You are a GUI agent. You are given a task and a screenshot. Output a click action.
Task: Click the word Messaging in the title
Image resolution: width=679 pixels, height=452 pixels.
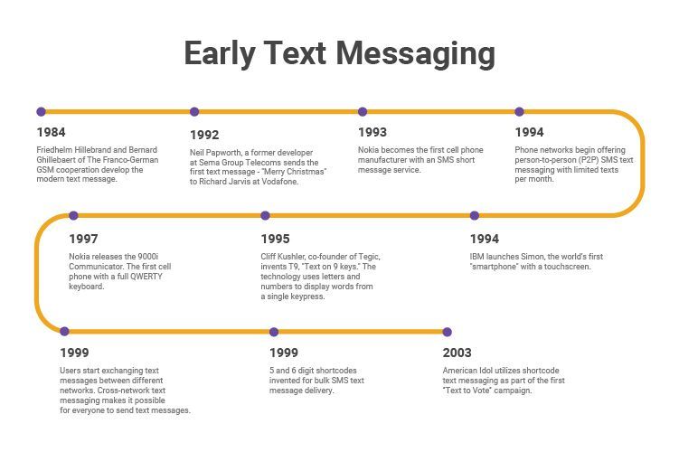pos(417,54)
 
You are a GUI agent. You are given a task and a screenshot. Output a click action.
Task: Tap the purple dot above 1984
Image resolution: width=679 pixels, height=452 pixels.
pos(41,112)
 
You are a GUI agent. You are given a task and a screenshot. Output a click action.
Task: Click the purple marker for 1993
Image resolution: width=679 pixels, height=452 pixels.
pos(363,112)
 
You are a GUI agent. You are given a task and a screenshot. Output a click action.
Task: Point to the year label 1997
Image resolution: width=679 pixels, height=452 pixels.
pos(83,240)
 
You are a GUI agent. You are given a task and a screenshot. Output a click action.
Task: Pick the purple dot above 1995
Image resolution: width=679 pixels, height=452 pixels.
pos(265,216)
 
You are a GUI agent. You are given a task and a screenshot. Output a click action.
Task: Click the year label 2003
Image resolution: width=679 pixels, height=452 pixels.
pos(457,353)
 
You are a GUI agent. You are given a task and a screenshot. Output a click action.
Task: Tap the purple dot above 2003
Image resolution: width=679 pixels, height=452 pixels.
pos(447,332)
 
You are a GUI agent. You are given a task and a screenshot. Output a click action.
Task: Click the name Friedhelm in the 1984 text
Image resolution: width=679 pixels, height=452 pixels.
pos(55,149)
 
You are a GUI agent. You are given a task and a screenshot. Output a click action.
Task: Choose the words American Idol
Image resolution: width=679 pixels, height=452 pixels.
pos(465,371)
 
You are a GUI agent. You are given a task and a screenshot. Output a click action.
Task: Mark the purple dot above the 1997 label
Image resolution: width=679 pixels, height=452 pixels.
pos(73,216)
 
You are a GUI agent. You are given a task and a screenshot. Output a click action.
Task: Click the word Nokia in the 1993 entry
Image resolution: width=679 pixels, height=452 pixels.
pos(370,149)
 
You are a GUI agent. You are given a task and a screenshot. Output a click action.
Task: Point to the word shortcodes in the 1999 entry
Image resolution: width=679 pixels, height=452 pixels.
pos(328,371)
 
